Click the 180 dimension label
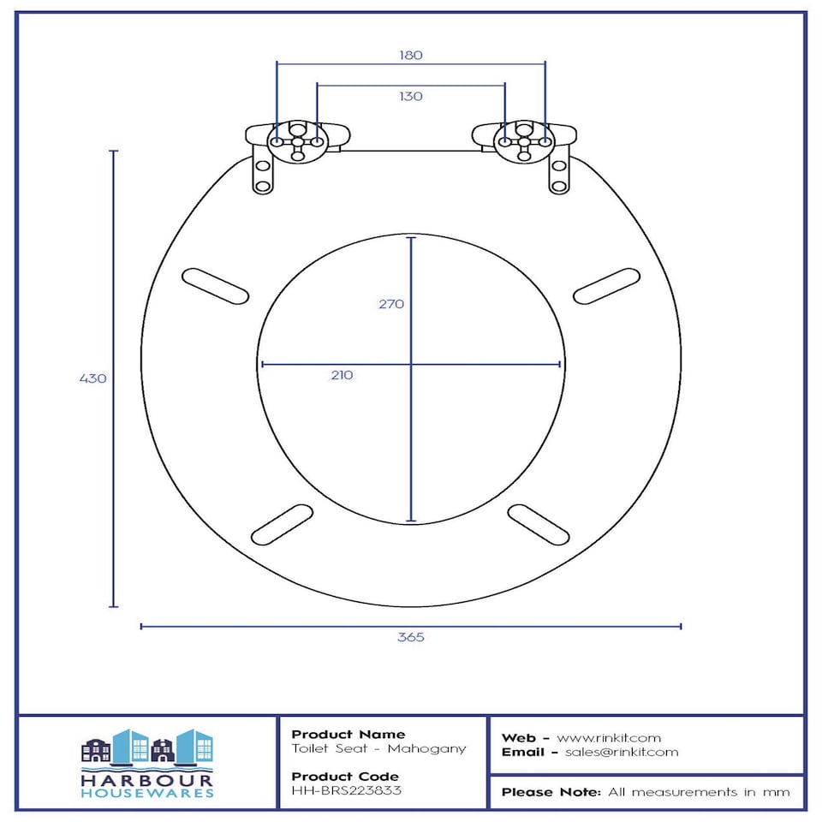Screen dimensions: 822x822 pos(410,55)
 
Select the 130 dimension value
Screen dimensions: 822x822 pos(410,97)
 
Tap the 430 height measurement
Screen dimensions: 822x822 pos(92,378)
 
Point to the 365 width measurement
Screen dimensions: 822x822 pos(410,637)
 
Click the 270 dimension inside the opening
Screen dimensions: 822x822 pos(391,304)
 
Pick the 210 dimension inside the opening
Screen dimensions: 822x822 pos(342,375)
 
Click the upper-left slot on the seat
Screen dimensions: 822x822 pos(215,286)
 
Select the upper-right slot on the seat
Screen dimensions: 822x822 pos(606,286)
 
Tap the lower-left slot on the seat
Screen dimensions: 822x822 pos(282,525)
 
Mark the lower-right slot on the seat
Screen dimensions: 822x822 pos(539,525)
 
